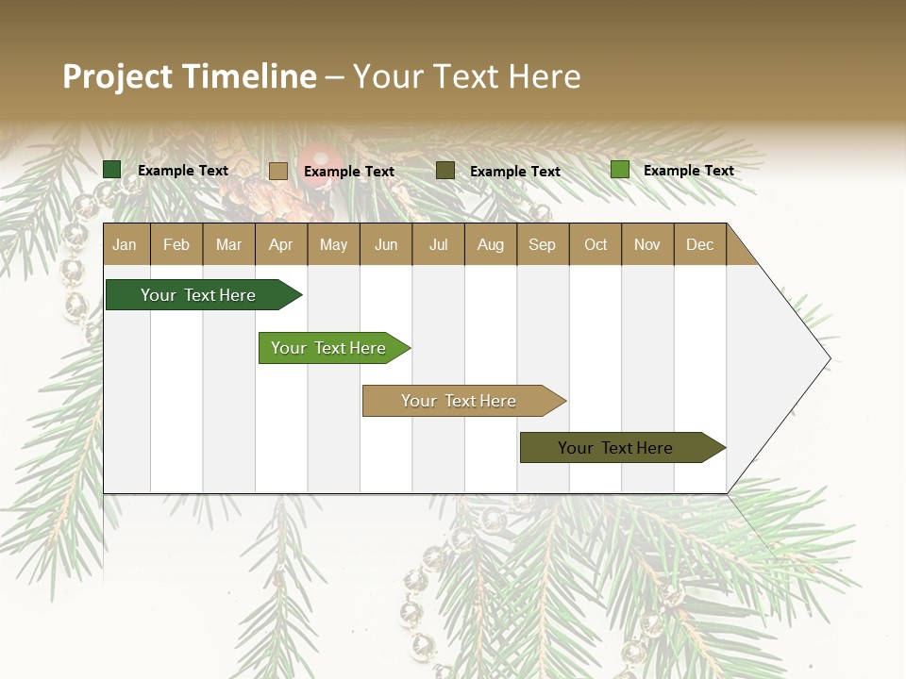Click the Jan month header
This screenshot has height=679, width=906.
(125, 244)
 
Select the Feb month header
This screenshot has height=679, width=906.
(176, 244)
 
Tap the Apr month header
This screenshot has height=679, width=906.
(280, 244)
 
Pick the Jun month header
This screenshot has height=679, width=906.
(386, 244)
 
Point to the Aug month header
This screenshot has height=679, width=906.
(490, 244)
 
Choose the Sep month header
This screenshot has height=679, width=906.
(542, 244)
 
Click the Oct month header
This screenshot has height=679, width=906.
(596, 244)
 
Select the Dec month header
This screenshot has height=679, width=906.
(699, 244)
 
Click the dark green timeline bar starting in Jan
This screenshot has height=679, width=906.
(198, 295)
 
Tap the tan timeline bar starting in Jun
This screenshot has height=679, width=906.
(459, 401)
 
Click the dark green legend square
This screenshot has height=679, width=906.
(112, 170)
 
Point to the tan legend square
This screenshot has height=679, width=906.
(278, 171)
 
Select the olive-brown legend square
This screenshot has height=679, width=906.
(445, 171)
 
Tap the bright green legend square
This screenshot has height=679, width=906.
(620, 170)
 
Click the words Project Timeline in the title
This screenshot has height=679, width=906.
(190, 76)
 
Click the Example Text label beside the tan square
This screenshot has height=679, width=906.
(349, 172)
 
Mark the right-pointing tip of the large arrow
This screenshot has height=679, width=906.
(828, 358)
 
